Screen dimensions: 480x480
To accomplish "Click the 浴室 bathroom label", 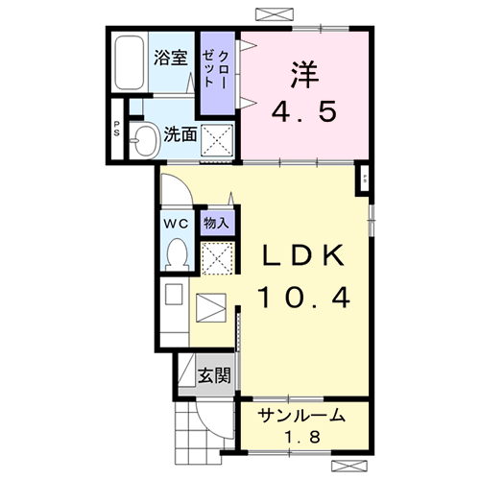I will point(171,58).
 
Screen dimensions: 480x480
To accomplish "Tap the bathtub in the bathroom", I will point(129,63).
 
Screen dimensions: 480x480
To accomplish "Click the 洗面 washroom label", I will point(180,135).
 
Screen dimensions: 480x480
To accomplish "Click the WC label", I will point(175,223).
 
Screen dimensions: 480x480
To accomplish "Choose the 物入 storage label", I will point(216,223).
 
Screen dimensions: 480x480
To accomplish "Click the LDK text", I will point(302,255).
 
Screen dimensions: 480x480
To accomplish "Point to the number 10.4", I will point(302,298).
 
